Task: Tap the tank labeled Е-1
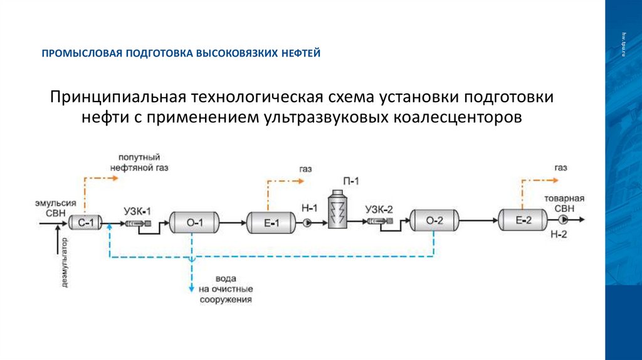click(x=270, y=222)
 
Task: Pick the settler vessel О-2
click(x=434, y=221)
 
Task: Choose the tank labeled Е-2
click(x=523, y=220)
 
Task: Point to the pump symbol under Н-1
click(x=307, y=223)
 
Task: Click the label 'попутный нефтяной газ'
click(x=139, y=162)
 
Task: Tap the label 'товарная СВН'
click(x=564, y=203)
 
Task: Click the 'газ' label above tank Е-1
click(x=305, y=169)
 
